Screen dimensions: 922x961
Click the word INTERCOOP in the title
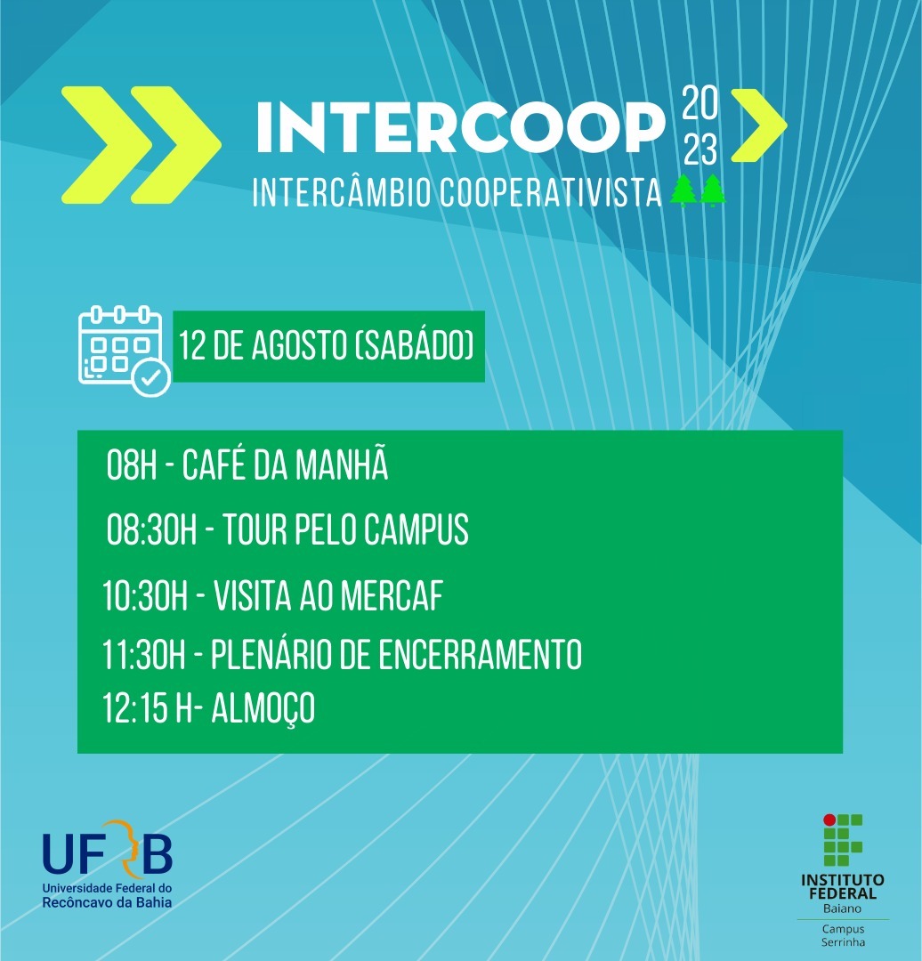(x=460, y=127)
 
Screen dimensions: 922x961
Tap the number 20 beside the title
(x=700, y=103)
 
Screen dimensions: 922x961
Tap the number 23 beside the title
(x=700, y=149)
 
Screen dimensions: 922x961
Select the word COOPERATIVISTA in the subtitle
(x=551, y=192)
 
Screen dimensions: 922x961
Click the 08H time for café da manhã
(x=133, y=464)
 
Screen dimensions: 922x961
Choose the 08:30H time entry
(x=152, y=529)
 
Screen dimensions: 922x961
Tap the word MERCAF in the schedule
(x=392, y=595)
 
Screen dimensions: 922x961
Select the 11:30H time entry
(x=144, y=655)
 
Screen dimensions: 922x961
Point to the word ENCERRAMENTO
(x=480, y=655)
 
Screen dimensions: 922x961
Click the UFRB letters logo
(x=108, y=848)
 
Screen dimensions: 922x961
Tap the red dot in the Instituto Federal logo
(x=829, y=820)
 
